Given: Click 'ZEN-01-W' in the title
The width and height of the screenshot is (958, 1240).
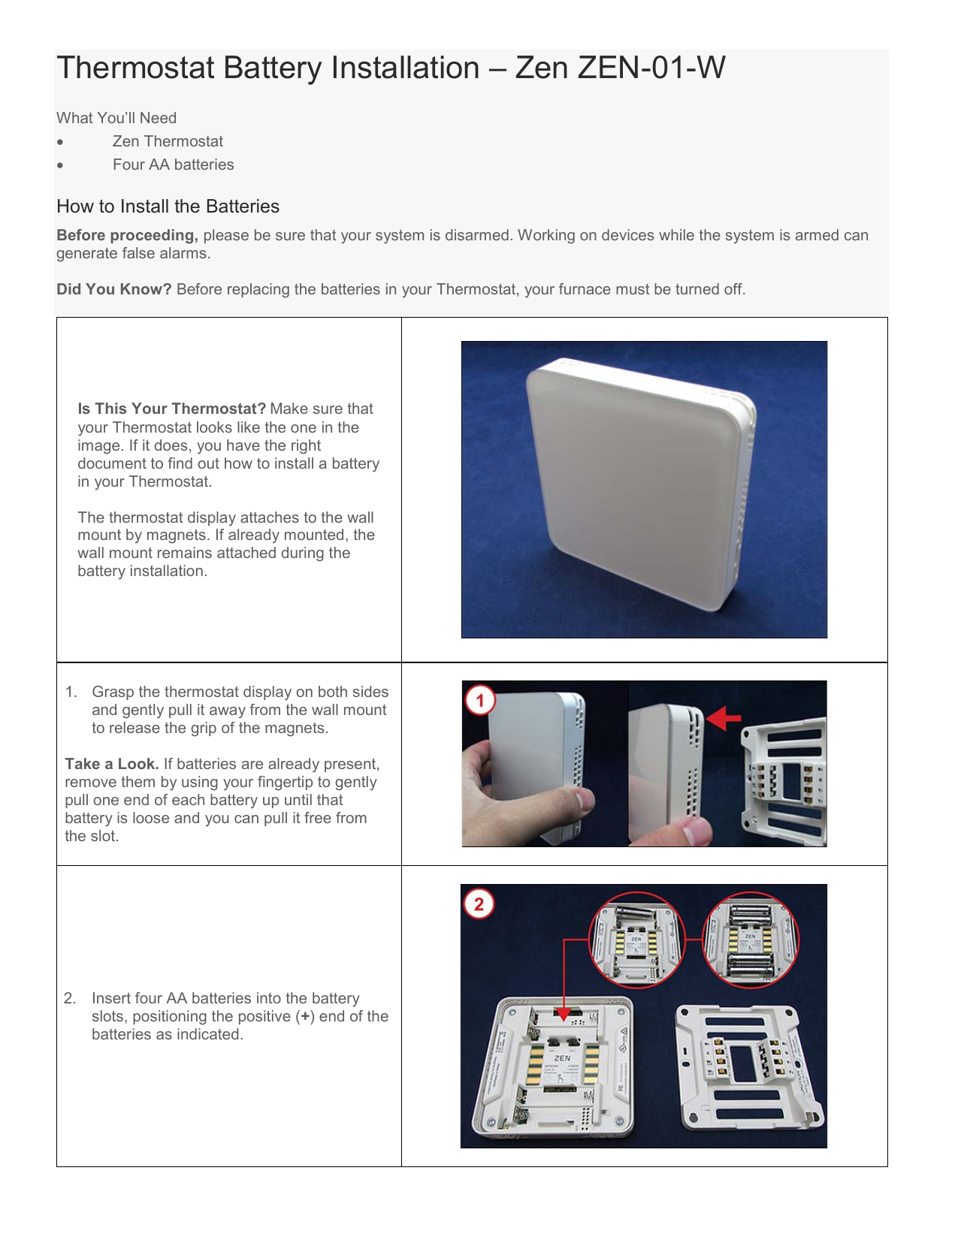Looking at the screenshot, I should click(651, 68).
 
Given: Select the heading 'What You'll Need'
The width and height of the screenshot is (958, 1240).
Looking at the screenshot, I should click(116, 118).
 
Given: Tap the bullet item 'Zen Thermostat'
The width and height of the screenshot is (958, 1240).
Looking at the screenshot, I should click(168, 141).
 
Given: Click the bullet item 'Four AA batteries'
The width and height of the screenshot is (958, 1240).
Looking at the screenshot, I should click(173, 164).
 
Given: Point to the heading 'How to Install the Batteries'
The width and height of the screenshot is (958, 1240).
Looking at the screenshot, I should click(168, 207).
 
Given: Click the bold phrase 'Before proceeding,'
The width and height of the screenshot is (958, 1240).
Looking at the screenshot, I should click(127, 235).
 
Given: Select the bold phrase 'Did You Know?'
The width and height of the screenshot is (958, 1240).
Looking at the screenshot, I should click(114, 289).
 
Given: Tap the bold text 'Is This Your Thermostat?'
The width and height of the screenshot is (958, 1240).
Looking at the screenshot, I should click(172, 409).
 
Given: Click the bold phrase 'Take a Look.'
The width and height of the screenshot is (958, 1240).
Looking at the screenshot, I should click(111, 764).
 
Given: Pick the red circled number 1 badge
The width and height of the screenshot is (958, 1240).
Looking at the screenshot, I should click(479, 701).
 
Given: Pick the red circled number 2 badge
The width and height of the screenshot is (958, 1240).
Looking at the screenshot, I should click(479, 904).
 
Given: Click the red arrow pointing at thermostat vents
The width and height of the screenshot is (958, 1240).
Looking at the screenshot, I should click(724, 717).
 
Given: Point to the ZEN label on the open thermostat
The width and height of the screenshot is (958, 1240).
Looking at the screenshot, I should click(562, 1057).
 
